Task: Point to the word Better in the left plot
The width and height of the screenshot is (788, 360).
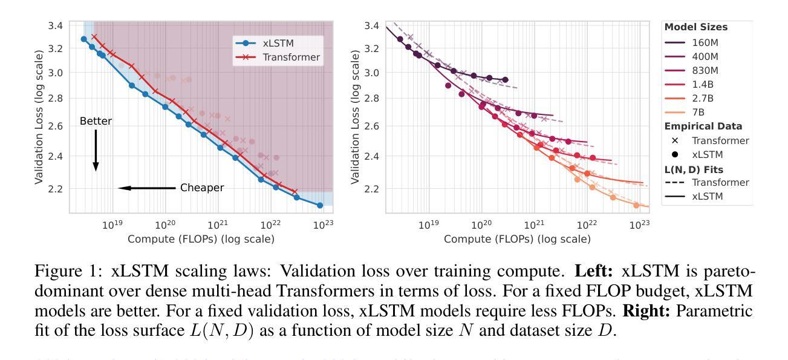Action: pyautogui.click(x=96, y=122)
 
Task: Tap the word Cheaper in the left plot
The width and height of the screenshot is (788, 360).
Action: pyautogui.click(x=202, y=188)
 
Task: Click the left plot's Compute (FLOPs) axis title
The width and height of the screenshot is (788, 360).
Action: pyautogui.click(x=201, y=239)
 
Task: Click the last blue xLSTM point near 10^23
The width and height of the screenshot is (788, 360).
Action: pyautogui.click(x=320, y=206)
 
